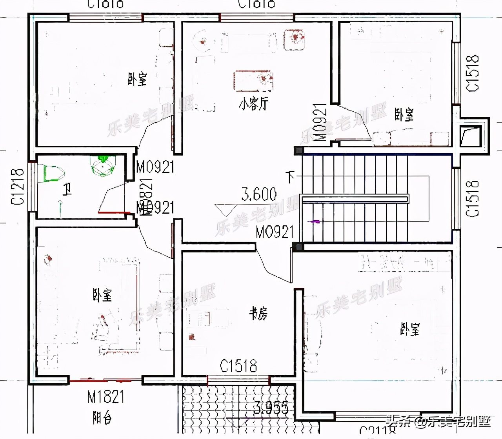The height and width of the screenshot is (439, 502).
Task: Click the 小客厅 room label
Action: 254,104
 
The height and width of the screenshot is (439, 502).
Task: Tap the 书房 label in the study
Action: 258,314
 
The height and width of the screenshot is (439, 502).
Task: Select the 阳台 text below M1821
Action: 102,418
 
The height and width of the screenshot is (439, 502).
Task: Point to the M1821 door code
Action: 105,397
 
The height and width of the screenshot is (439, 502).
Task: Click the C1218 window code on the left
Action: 18,187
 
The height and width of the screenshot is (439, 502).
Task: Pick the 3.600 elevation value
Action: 259,194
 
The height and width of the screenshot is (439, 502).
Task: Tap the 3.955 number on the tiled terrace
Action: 271,408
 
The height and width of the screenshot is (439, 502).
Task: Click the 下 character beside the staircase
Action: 290,177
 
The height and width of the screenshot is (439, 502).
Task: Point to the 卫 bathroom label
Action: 67,190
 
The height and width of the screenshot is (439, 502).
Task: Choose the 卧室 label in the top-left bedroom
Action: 137,79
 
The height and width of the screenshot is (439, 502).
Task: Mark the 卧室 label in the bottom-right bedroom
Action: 409,329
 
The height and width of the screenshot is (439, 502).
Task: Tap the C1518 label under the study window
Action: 238,366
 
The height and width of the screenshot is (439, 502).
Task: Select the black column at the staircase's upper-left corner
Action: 299,151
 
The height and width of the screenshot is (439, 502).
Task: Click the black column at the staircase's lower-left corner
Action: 299,247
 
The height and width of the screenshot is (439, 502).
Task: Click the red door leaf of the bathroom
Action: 114,212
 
